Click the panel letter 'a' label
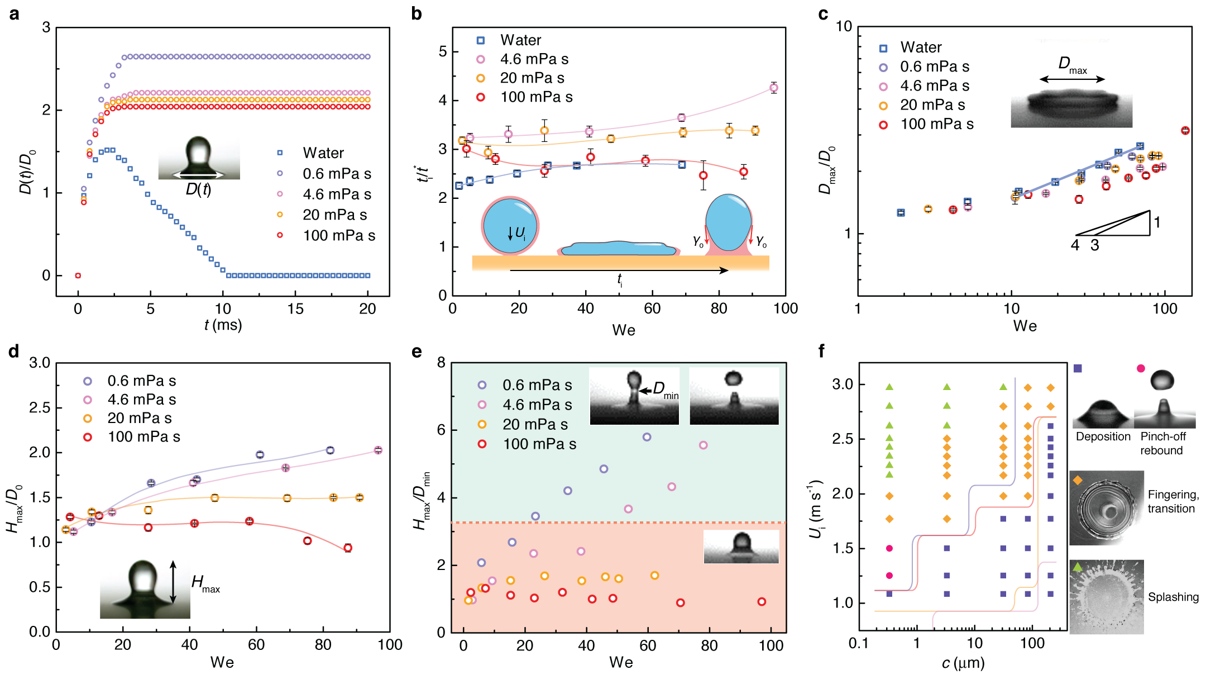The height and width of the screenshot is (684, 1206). coord(14,14)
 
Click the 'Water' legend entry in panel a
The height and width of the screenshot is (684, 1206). coord(323,153)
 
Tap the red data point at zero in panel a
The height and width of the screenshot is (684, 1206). coord(78,275)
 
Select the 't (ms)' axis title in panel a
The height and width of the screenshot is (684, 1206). coord(223,325)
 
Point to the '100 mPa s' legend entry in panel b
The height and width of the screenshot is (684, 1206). coord(536,97)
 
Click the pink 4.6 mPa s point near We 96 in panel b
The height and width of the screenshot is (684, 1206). coord(773,88)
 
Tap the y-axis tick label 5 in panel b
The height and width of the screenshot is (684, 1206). coord(443,52)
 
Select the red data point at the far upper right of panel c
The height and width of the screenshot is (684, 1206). coord(1185,131)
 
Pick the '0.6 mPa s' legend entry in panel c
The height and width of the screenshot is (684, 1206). coord(934,67)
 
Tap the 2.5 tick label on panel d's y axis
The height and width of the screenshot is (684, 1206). coord(39,408)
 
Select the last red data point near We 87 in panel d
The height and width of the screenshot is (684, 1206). coord(348,548)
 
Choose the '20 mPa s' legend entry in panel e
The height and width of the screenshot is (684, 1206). coord(534,425)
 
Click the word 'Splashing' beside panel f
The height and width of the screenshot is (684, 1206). coord(1173,597)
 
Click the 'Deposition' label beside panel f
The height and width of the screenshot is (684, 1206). coord(1103,437)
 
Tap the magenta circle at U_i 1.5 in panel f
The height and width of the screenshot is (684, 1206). coord(889,549)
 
